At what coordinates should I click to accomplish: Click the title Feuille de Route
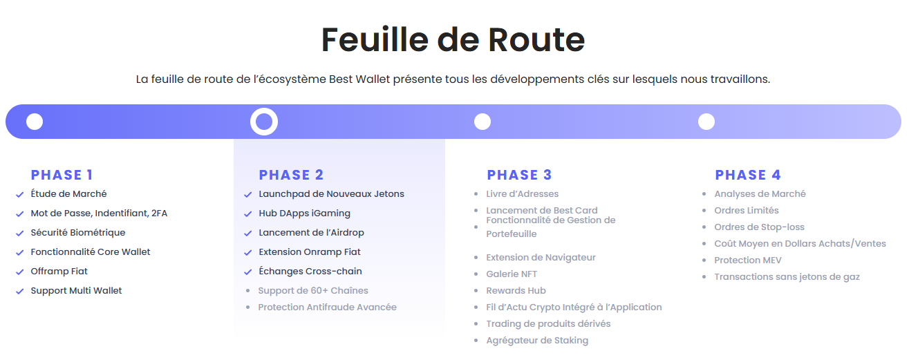point(453,40)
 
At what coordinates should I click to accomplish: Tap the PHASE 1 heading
point(62,175)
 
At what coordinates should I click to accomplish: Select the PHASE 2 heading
point(292,175)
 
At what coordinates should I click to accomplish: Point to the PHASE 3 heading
point(519,175)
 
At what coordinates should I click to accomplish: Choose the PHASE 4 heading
point(748,175)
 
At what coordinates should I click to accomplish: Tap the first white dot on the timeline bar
point(35,122)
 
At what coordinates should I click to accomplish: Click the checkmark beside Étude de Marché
point(19,195)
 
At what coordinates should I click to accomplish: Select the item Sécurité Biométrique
point(78,233)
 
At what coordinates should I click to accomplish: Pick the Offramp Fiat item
point(59,271)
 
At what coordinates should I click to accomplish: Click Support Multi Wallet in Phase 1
point(76,291)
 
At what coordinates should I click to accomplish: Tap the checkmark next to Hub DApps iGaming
point(247,214)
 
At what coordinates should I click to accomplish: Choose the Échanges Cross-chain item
point(310,271)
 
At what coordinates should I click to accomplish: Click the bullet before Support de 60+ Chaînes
point(247,291)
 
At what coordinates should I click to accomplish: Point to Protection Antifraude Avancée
point(328,307)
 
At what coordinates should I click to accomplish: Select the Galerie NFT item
point(512,274)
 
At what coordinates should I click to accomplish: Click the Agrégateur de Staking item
point(537,341)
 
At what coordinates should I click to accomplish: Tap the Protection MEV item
point(748,260)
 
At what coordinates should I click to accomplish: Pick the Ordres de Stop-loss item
point(759,227)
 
